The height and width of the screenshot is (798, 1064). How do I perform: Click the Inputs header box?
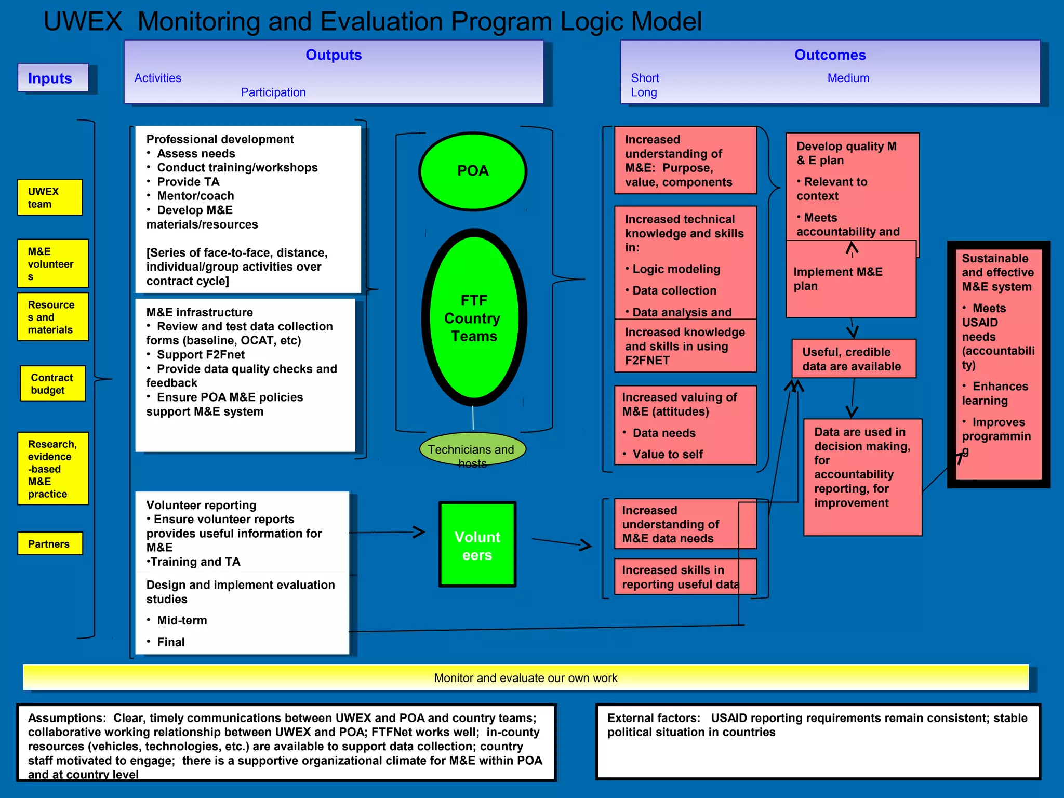click(x=52, y=78)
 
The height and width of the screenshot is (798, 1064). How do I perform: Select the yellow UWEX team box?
click(x=50, y=197)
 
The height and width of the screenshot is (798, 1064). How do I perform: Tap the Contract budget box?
click(x=52, y=383)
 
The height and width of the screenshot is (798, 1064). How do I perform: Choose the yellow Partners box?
click(x=50, y=543)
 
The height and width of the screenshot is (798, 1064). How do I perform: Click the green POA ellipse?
click(x=473, y=171)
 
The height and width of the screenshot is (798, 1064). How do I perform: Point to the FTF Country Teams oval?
click(x=473, y=317)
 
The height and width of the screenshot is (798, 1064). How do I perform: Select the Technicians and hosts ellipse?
click(x=472, y=450)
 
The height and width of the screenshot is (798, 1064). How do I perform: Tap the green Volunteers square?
click(x=477, y=544)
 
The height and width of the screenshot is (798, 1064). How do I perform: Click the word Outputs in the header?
click(x=334, y=55)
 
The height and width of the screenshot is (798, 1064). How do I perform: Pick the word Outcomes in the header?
click(x=830, y=55)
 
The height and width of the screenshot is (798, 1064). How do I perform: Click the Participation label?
click(x=273, y=92)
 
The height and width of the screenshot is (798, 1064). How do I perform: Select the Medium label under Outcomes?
click(x=848, y=78)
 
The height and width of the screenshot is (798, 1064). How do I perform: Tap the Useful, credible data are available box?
click(x=854, y=359)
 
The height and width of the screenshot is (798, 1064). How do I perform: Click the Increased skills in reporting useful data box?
click(x=685, y=577)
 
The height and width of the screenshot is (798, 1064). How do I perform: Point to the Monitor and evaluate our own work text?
click(x=526, y=678)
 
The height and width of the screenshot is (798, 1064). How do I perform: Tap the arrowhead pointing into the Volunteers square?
click(x=420, y=531)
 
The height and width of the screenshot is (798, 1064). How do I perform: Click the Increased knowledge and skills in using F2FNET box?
click(x=685, y=346)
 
